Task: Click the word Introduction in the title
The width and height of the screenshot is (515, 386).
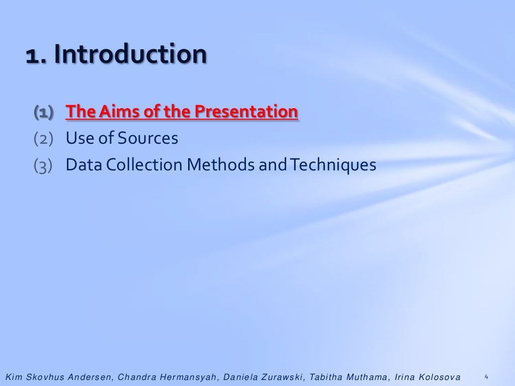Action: pyautogui.click(x=131, y=54)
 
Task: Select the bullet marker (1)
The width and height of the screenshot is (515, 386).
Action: pyautogui.click(x=43, y=112)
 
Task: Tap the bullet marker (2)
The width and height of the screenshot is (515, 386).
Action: pyautogui.click(x=43, y=138)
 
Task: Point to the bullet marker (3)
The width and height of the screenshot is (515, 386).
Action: pyautogui.click(x=43, y=165)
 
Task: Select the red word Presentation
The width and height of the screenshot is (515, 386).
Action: pyautogui.click(x=246, y=112)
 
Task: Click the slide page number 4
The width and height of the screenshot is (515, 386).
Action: pyautogui.click(x=486, y=376)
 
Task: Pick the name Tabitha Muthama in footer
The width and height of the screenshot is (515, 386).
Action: pyautogui.click(x=348, y=377)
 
